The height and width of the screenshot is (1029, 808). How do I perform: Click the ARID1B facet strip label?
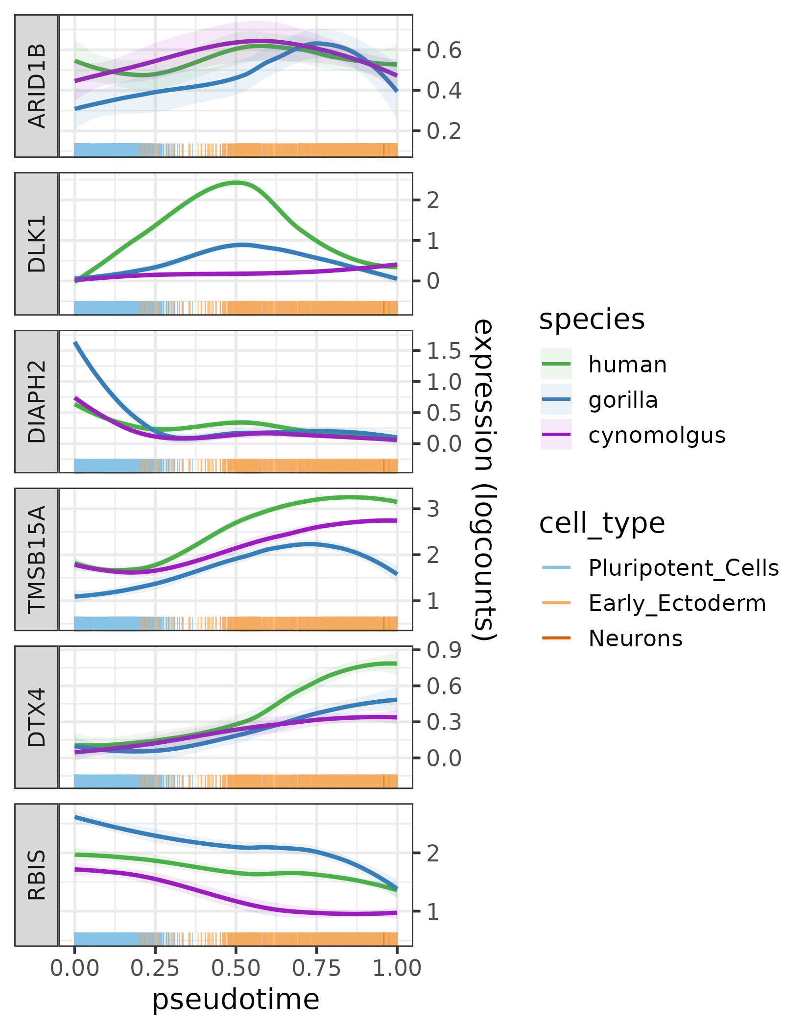37,86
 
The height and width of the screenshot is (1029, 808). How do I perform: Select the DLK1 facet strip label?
37,244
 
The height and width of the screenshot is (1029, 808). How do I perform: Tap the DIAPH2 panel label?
37,401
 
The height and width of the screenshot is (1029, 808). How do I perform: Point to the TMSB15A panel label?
37,559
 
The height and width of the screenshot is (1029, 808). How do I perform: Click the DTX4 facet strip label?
37,717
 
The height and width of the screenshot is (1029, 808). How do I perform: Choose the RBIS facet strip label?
37,875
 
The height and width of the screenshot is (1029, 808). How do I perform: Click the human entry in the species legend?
627,365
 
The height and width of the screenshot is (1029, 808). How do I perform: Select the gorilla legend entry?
623,400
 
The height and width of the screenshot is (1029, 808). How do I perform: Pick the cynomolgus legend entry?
656,435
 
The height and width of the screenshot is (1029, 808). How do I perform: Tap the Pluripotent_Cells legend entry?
683,568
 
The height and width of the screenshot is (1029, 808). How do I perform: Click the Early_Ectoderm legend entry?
677,603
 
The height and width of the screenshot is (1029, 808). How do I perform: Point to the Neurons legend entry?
635,638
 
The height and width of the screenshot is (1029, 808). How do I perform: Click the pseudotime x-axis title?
236,1000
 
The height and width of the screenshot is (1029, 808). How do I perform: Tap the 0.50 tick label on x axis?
236,969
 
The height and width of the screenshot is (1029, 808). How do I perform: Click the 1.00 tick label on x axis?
397,969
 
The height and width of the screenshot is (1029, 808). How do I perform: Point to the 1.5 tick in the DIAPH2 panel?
444,350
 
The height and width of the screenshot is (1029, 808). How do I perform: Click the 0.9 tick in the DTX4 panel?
444,650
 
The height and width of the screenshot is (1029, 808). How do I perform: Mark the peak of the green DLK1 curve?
237,183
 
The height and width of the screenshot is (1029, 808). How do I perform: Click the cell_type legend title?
602,523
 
